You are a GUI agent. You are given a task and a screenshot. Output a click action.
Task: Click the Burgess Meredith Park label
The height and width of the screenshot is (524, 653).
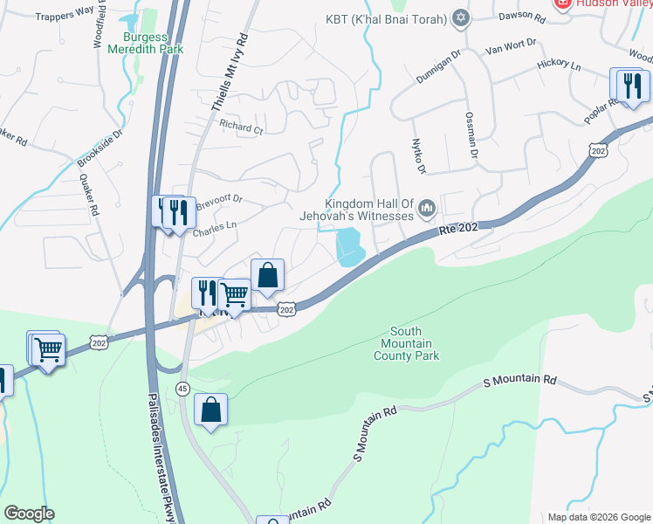(x=145, y=44)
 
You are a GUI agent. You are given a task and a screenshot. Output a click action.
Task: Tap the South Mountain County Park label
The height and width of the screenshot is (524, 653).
(x=407, y=343)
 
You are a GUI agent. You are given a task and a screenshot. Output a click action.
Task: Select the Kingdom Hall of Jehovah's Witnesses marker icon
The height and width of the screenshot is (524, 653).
(x=427, y=207)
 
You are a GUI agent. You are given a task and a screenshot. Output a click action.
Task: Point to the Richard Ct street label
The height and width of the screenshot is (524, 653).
(x=241, y=128)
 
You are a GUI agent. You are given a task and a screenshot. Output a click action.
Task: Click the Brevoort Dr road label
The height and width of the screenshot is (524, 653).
(x=217, y=199)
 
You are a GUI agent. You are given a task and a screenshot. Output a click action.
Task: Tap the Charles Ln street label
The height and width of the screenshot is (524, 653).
(x=214, y=225)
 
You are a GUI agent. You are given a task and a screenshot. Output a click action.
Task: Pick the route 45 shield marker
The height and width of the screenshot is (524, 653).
(x=182, y=389)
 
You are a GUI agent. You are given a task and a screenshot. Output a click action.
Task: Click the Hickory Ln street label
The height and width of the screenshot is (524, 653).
(x=559, y=65)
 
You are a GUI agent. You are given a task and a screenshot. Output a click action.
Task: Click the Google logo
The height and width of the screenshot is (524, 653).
(x=29, y=514)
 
